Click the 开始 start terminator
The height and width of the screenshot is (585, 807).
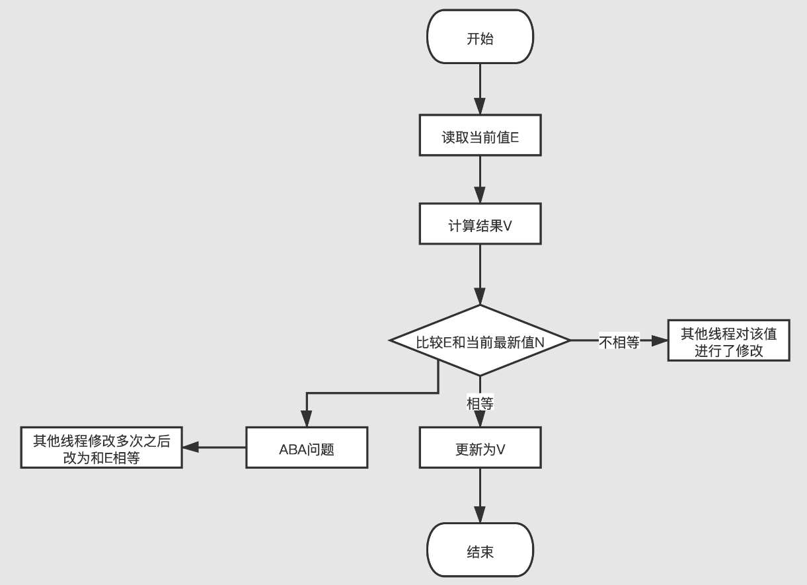pyautogui.click(x=480, y=38)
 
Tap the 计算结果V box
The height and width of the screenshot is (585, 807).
pyautogui.click(x=480, y=225)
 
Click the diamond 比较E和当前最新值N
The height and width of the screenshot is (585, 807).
pyautogui.click(x=480, y=341)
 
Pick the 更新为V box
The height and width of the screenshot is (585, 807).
pyautogui.click(x=480, y=448)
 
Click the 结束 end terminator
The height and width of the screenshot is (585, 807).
pyautogui.click(x=480, y=551)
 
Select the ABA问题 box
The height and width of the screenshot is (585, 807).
pyautogui.click(x=307, y=448)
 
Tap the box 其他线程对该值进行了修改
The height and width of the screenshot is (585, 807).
pyautogui.click(x=728, y=341)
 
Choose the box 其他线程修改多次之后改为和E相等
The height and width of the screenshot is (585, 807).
pyautogui.click(x=101, y=448)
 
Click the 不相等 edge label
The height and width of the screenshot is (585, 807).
pyautogui.click(x=619, y=342)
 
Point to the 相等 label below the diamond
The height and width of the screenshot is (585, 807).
pyautogui.click(x=480, y=403)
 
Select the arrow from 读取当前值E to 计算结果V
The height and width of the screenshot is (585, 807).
pyautogui.click(x=480, y=180)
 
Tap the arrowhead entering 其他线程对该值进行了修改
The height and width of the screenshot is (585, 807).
pyautogui.click(x=659, y=341)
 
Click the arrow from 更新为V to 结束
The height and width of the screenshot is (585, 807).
pyautogui.click(x=480, y=496)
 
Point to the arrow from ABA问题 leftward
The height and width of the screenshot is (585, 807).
pyautogui.click(x=215, y=448)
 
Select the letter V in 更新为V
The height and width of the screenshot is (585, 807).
pyautogui.click(x=501, y=449)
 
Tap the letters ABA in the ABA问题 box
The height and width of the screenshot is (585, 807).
pyautogui.click(x=293, y=449)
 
